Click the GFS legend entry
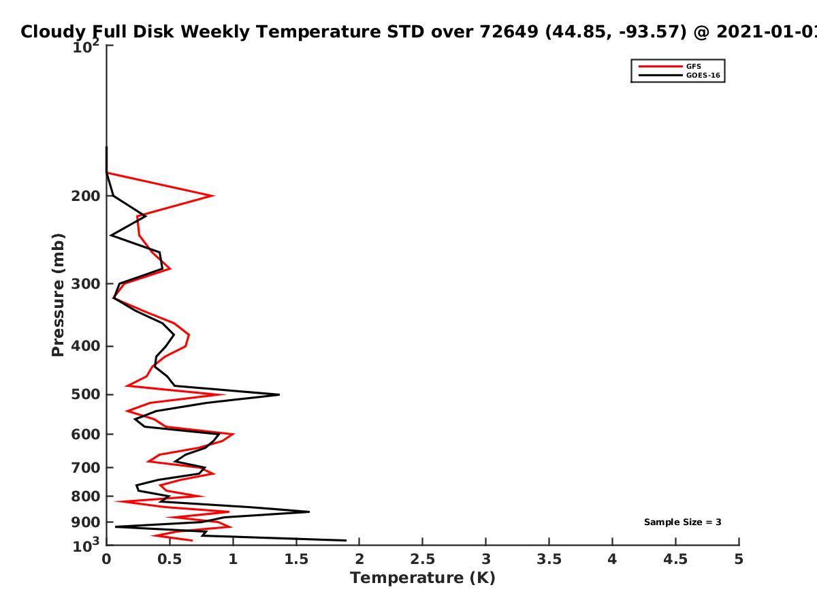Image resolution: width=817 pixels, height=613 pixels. pyautogui.click(x=670, y=66)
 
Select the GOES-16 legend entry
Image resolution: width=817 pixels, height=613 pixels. pyautogui.click(x=679, y=75)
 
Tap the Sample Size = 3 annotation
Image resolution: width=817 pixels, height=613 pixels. pyautogui.click(x=683, y=522)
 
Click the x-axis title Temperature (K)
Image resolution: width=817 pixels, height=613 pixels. pyautogui.click(x=423, y=578)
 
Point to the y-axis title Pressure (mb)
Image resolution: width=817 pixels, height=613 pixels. pyautogui.click(x=58, y=295)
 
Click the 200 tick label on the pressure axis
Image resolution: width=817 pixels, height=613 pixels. pyautogui.click(x=86, y=196)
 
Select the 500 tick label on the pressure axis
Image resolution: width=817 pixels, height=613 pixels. pyautogui.click(x=86, y=394)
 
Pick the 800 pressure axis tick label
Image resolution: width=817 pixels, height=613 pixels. pyautogui.click(x=86, y=497)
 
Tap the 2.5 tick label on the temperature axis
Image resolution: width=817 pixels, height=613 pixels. pyautogui.click(x=423, y=559)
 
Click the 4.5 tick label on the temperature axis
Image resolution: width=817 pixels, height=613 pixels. pyautogui.click(x=675, y=559)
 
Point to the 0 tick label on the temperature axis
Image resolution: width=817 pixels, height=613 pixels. pyautogui.click(x=106, y=559)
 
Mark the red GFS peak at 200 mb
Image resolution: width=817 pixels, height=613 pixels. pyautogui.click(x=214, y=195)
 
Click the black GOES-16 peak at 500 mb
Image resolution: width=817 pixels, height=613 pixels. pyautogui.click(x=279, y=394)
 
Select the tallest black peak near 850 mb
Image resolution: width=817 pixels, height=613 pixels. pyautogui.click(x=309, y=512)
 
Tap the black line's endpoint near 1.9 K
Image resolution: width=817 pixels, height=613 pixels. pyautogui.click(x=346, y=540)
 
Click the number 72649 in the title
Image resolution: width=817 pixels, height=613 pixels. pyautogui.click(x=509, y=32)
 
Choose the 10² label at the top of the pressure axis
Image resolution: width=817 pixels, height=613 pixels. pyautogui.click(x=86, y=46)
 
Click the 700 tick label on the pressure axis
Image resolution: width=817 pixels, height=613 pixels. pyautogui.click(x=86, y=467)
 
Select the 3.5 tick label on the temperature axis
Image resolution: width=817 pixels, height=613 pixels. pyautogui.click(x=549, y=559)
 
